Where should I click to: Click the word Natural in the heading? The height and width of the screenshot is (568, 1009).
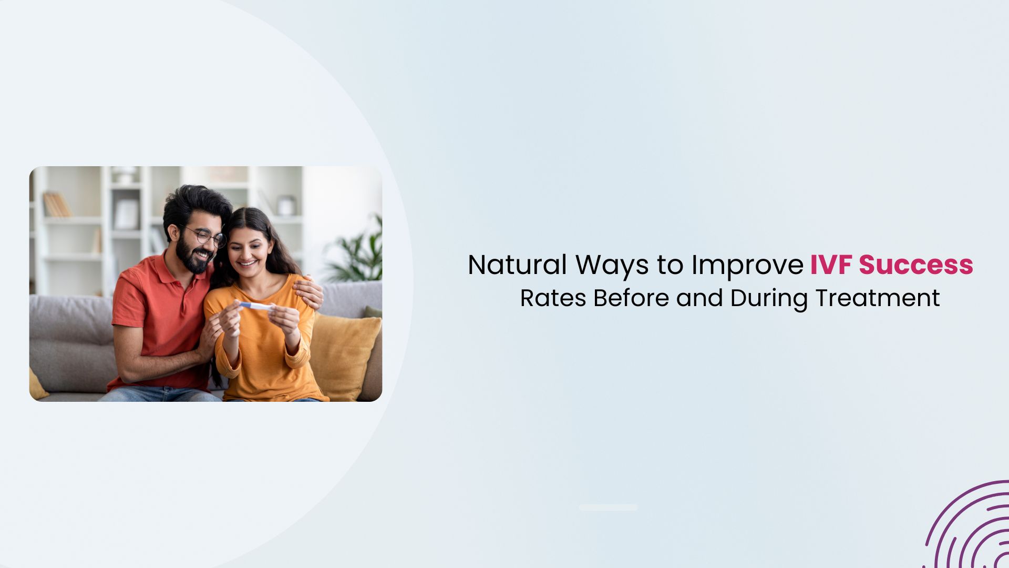coord(517,265)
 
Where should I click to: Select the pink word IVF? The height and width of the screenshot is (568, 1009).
coord(831,265)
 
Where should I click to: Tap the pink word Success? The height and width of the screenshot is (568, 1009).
coord(916,265)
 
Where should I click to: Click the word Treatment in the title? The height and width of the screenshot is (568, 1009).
coord(877,298)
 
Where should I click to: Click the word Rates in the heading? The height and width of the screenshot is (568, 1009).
coord(553,298)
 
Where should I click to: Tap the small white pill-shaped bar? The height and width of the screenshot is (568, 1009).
coord(608,508)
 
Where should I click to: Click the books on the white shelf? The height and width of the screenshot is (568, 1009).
coord(56,205)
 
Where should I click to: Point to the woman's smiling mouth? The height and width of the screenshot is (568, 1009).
coord(248,262)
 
